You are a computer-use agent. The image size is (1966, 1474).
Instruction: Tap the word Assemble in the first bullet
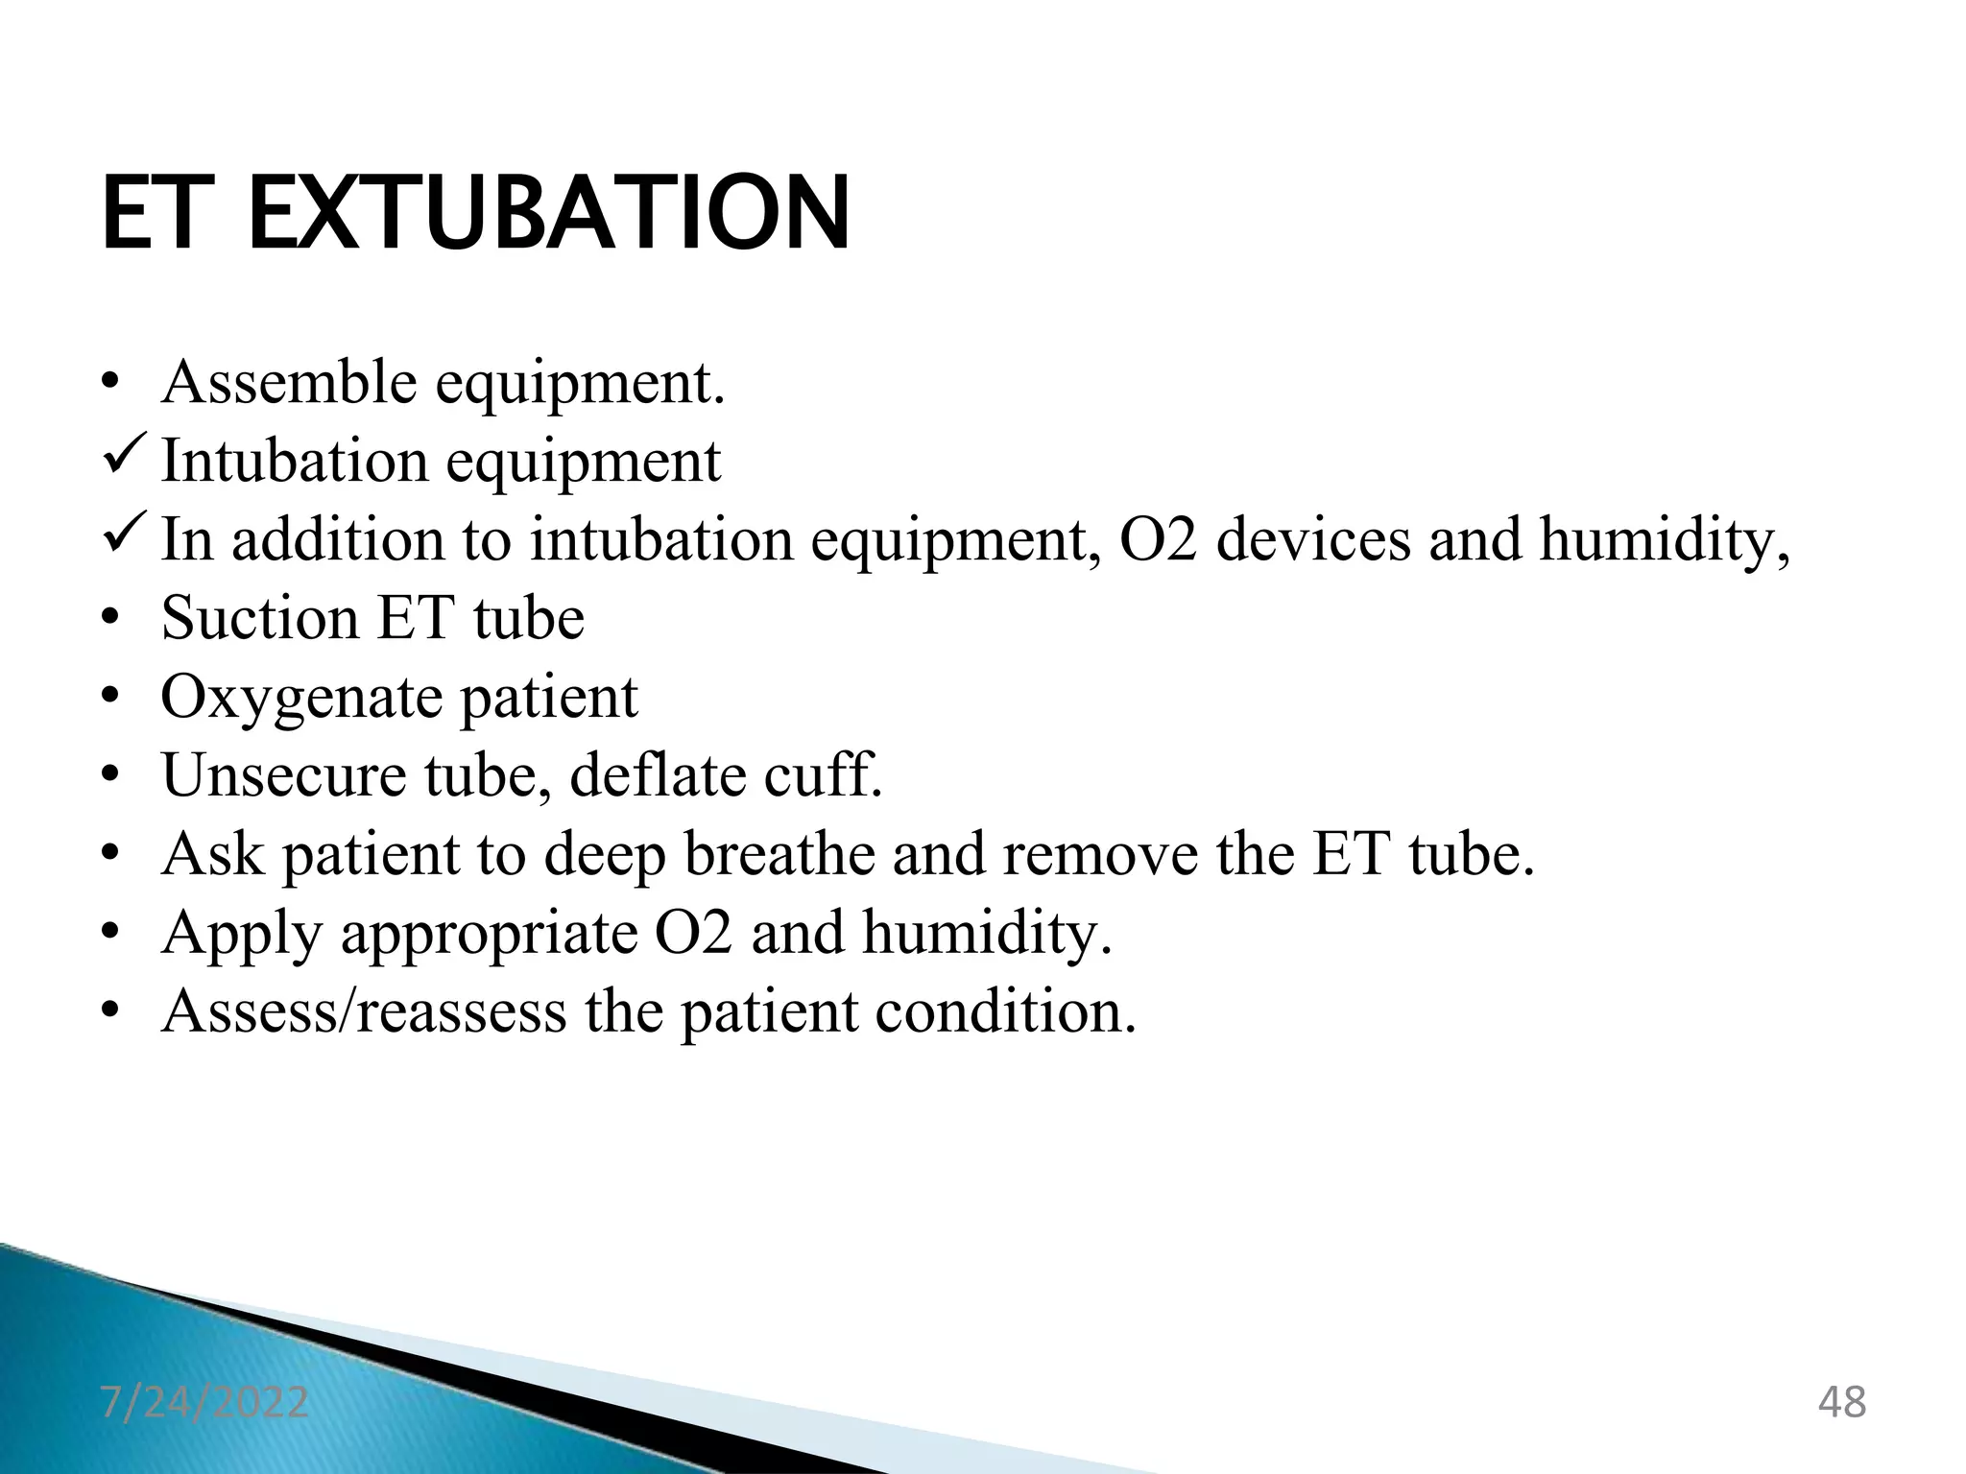[x=289, y=382]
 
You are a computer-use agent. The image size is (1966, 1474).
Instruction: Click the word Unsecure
[x=284, y=774]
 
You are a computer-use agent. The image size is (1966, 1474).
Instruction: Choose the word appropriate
[x=490, y=934]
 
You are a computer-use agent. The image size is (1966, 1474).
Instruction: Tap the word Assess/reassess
[x=365, y=1011]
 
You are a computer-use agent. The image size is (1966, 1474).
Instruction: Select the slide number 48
[x=1842, y=1402]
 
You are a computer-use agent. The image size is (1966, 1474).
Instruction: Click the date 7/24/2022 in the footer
[x=204, y=1402]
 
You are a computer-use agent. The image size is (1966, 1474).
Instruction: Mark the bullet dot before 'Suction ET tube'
[x=111, y=617]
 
